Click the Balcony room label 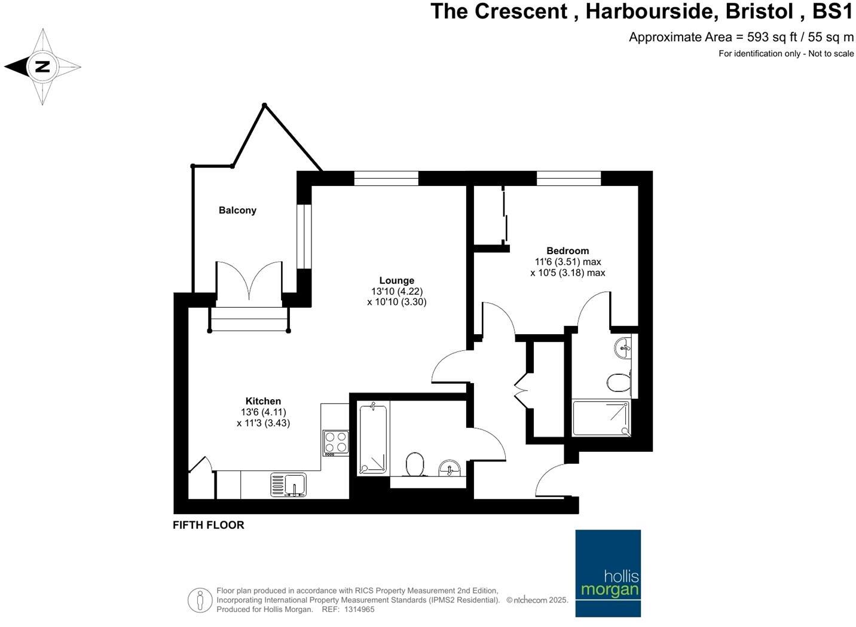click(237, 210)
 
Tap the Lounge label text click(396, 280)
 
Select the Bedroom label click(567, 251)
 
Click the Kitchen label click(263, 401)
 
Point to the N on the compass click(42, 66)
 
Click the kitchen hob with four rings click(335, 442)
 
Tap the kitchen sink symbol click(288, 485)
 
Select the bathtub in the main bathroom click(373, 439)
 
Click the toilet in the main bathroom click(415, 464)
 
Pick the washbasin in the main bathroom click(450, 467)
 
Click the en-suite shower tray click(601, 418)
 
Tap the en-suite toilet click(618, 383)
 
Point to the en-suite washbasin click(623, 347)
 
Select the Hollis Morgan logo click(608, 573)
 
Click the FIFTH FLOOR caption click(208, 525)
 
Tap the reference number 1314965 click(357, 610)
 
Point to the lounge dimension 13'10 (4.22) click(396, 292)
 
